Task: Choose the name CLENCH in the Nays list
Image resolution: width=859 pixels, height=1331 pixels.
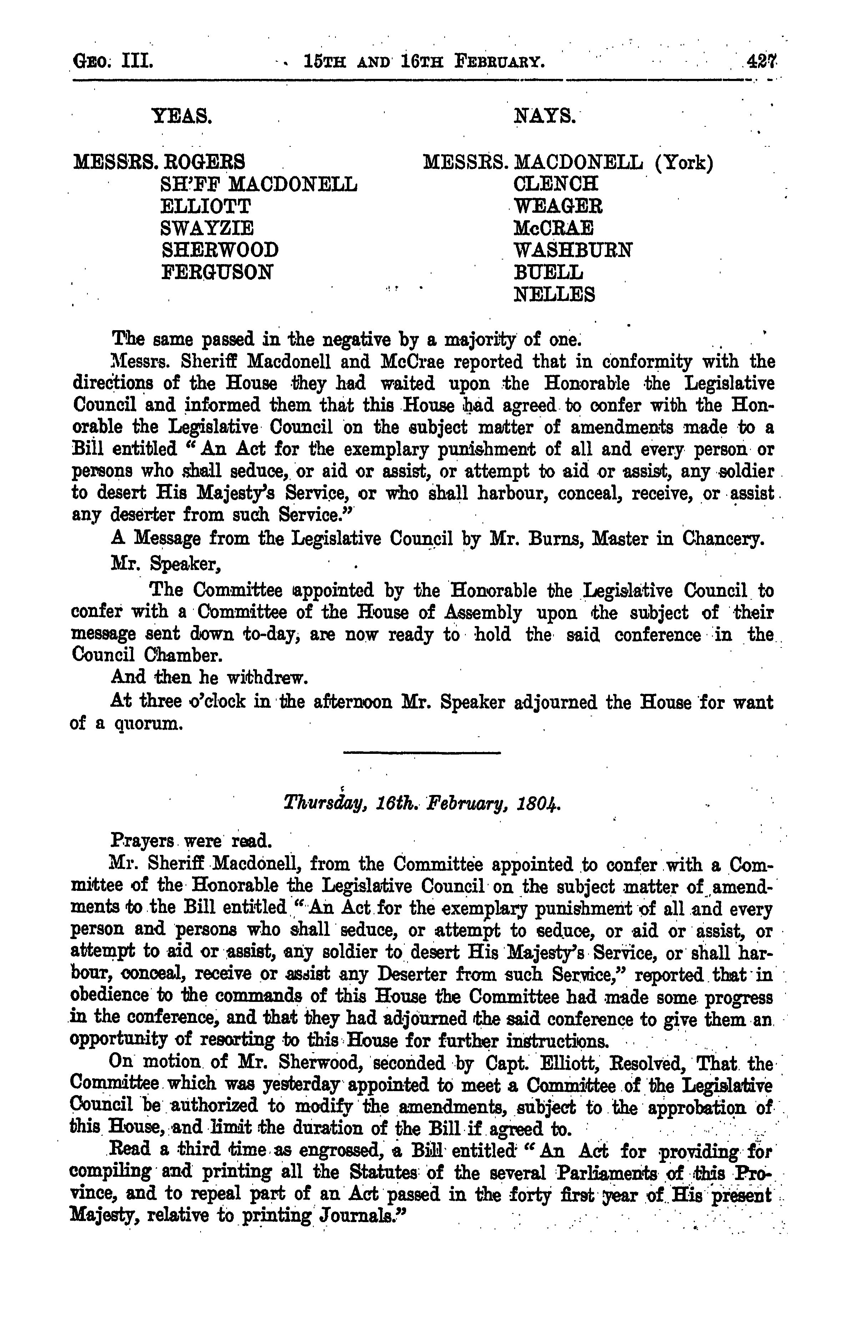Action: [556, 184]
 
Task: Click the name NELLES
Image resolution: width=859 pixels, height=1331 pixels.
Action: [554, 294]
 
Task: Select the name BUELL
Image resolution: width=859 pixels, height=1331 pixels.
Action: [548, 272]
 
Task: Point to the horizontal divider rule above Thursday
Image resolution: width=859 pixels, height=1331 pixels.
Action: [422, 753]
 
